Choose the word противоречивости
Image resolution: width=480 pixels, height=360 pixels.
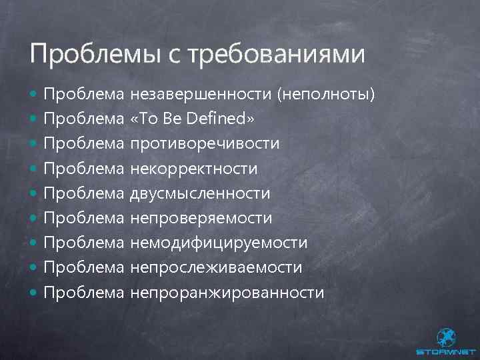[205, 144]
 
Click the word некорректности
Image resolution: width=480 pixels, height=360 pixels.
[194, 169]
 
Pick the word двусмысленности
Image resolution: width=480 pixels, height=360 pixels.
[201, 193]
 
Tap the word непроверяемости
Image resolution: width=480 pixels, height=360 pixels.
[201, 218]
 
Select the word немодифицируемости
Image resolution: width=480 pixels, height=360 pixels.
[219, 243]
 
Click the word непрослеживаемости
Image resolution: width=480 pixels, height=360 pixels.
[217, 267]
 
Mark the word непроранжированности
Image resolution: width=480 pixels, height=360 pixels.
[227, 292]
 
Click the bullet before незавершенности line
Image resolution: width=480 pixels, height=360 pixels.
[34, 95]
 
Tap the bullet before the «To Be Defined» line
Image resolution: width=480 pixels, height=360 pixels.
[34, 120]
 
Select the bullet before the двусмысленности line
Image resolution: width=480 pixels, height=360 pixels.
[34, 194]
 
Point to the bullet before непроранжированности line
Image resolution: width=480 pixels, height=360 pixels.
[34, 293]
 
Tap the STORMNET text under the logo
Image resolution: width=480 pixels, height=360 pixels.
[445, 351]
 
